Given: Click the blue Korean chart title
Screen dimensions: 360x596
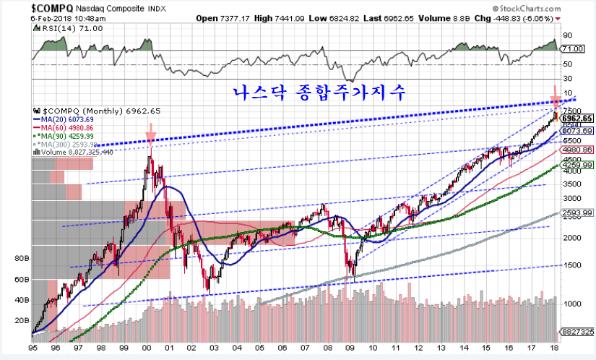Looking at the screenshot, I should coord(320,93).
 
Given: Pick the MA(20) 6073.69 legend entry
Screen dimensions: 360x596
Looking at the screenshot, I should coord(67,119).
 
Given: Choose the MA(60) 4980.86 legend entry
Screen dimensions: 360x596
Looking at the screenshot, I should coord(67,128).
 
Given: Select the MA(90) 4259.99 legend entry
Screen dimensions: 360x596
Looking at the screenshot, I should coord(67,137).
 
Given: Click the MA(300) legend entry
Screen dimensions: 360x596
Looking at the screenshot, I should coord(67,145).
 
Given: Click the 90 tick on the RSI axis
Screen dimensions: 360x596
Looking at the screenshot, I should coord(569,34).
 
